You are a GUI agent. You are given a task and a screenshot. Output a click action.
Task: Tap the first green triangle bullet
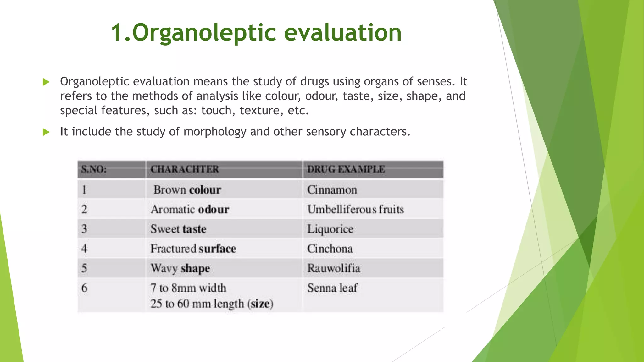click(46, 82)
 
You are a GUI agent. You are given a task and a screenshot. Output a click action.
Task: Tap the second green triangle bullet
click(46, 132)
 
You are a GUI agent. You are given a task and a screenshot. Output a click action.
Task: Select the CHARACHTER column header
click(185, 169)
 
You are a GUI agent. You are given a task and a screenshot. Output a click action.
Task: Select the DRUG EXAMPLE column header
click(346, 169)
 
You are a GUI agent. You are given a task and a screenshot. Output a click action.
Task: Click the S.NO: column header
click(94, 169)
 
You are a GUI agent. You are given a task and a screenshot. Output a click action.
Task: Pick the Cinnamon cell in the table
click(332, 190)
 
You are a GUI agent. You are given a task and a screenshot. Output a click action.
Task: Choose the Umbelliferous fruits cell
click(355, 209)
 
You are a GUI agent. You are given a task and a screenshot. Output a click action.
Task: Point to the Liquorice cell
click(330, 229)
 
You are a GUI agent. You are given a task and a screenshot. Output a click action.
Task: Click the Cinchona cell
click(330, 249)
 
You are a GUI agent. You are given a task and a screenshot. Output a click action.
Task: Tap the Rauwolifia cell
click(334, 268)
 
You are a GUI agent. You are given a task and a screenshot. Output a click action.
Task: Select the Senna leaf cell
click(332, 288)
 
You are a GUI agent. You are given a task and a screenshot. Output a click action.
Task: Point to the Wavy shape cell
click(180, 268)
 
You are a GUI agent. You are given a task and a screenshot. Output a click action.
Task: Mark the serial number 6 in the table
click(84, 288)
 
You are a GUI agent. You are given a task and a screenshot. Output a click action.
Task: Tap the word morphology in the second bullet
click(215, 132)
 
